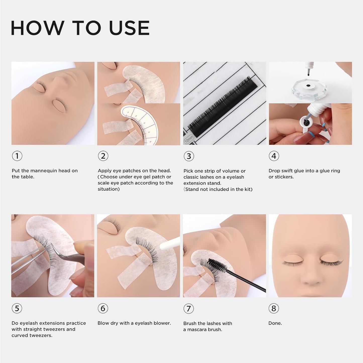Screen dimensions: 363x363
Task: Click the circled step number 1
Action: pyautogui.click(x=17, y=156)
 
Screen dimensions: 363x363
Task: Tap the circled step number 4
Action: pyautogui.click(x=274, y=156)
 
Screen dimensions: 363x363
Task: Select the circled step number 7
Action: pyautogui.click(x=189, y=308)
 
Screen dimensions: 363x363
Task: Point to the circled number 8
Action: pyautogui.click(x=274, y=308)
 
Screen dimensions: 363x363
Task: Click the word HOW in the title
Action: pyautogui.click(x=37, y=28)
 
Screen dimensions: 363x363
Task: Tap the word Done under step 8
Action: pyautogui.click(x=275, y=323)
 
